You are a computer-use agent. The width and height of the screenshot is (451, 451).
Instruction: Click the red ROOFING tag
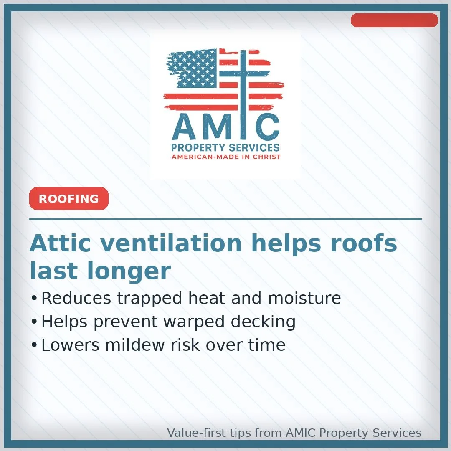coord(69,199)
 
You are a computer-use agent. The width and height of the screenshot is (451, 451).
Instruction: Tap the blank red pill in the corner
coord(394,20)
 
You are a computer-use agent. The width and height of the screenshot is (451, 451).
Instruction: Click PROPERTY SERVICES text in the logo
coord(225,148)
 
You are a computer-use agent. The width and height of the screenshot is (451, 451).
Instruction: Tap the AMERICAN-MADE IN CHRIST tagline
coord(226,157)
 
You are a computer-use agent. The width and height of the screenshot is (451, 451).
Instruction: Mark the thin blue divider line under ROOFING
coord(225,219)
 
